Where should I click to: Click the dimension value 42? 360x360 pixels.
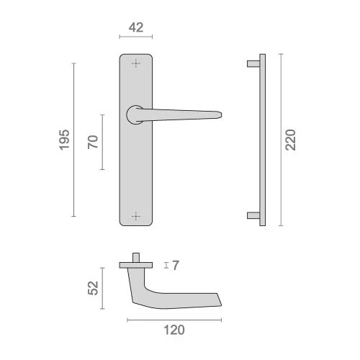(x=136, y=27)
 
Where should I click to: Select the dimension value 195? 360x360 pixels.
(x=64, y=140)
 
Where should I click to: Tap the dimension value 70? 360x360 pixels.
(x=93, y=142)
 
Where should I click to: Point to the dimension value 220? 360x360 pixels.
(x=290, y=140)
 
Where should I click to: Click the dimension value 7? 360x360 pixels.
(x=176, y=266)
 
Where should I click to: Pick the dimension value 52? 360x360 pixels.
(x=93, y=288)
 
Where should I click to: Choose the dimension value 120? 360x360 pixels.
(x=174, y=330)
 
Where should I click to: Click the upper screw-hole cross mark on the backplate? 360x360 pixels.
(x=136, y=63)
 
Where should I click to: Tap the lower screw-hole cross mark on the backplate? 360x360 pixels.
(x=136, y=216)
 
